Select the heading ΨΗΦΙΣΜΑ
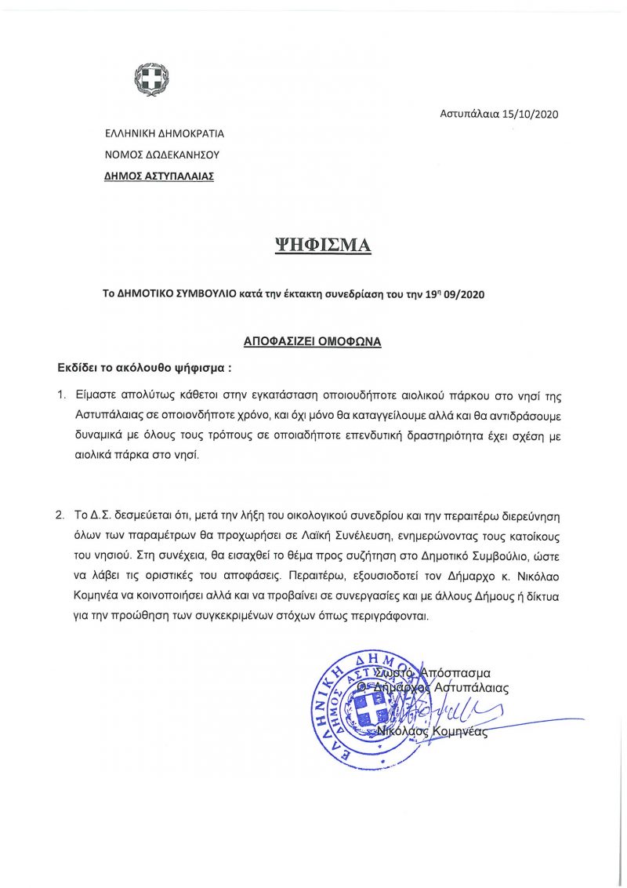click(x=321, y=246)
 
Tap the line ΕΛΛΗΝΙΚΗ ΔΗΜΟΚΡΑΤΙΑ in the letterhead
click(x=165, y=133)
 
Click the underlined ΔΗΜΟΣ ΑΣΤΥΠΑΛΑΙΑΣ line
click(x=159, y=177)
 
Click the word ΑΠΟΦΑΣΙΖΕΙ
click(x=277, y=342)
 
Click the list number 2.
click(x=60, y=517)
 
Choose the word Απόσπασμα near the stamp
click(x=455, y=672)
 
